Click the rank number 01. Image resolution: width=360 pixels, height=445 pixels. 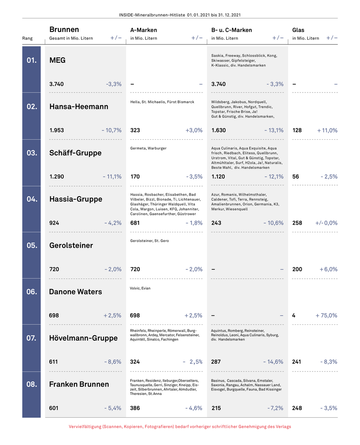[x=32, y=60]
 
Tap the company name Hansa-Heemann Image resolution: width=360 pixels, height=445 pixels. [x=79, y=107]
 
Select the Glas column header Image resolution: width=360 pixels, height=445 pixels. [x=298, y=30]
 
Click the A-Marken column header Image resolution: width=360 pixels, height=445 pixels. [x=144, y=30]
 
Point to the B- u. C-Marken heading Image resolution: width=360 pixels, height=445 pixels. [x=231, y=30]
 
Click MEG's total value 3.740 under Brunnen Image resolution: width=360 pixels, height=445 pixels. [x=57, y=84]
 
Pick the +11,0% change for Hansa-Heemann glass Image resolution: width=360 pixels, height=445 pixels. [x=327, y=130]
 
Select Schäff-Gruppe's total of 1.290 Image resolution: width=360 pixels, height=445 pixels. [x=57, y=176]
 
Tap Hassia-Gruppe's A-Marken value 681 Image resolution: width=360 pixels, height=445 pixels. [x=135, y=223]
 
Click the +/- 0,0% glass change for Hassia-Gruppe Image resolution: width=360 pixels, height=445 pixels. [x=327, y=223]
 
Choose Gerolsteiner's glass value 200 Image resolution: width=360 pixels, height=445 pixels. [x=297, y=269]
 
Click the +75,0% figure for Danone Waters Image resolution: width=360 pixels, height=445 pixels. [x=327, y=315]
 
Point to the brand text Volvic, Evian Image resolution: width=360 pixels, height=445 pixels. [x=140, y=288]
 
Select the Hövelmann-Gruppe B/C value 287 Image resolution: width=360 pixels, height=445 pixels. [x=216, y=361]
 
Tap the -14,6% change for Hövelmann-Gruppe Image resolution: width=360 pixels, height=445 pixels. [x=273, y=361]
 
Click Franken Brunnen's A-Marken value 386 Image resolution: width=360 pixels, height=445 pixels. [x=135, y=408]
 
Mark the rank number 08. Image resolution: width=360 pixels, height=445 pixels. [x=32, y=384]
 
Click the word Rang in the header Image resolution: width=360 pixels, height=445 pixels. [x=27, y=39]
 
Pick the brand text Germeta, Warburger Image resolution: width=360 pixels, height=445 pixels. [x=148, y=148]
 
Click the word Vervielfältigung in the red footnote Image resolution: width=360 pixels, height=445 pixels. [x=85, y=427]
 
